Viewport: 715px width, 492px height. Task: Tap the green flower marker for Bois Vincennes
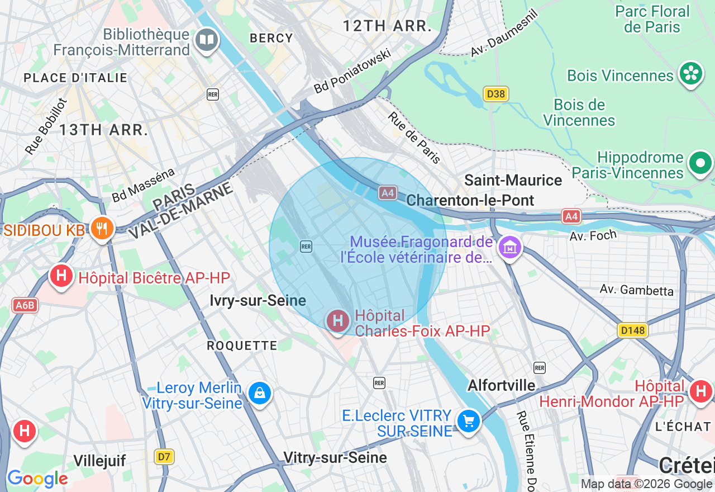pyautogui.click(x=690, y=73)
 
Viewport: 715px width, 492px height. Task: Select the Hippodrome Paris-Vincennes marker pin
pyautogui.click(x=700, y=163)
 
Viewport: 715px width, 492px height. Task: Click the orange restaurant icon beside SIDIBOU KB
pyautogui.click(x=101, y=228)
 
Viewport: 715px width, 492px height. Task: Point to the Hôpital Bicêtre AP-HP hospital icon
pyautogui.click(x=61, y=276)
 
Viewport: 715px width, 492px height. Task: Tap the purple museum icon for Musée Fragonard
pyautogui.click(x=509, y=247)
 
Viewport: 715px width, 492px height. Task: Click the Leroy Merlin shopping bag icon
pyautogui.click(x=259, y=393)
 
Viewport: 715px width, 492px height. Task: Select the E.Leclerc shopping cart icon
pyautogui.click(x=468, y=421)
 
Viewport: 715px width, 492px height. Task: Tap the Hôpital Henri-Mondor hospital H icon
pyautogui.click(x=700, y=391)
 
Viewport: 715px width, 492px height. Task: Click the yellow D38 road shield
pyautogui.click(x=496, y=94)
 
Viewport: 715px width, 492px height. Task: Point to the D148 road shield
pyautogui.click(x=633, y=330)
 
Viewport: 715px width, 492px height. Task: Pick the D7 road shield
pyautogui.click(x=164, y=457)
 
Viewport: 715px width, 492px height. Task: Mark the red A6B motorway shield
pyautogui.click(x=25, y=305)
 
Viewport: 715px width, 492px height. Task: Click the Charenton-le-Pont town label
pyautogui.click(x=470, y=200)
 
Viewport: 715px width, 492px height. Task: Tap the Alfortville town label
pyautogui.click(x=501, y=385)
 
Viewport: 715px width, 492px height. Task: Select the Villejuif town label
pyautogui.click(x=99, y=461)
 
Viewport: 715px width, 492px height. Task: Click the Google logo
pyautogui.click(x=37, y=479)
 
